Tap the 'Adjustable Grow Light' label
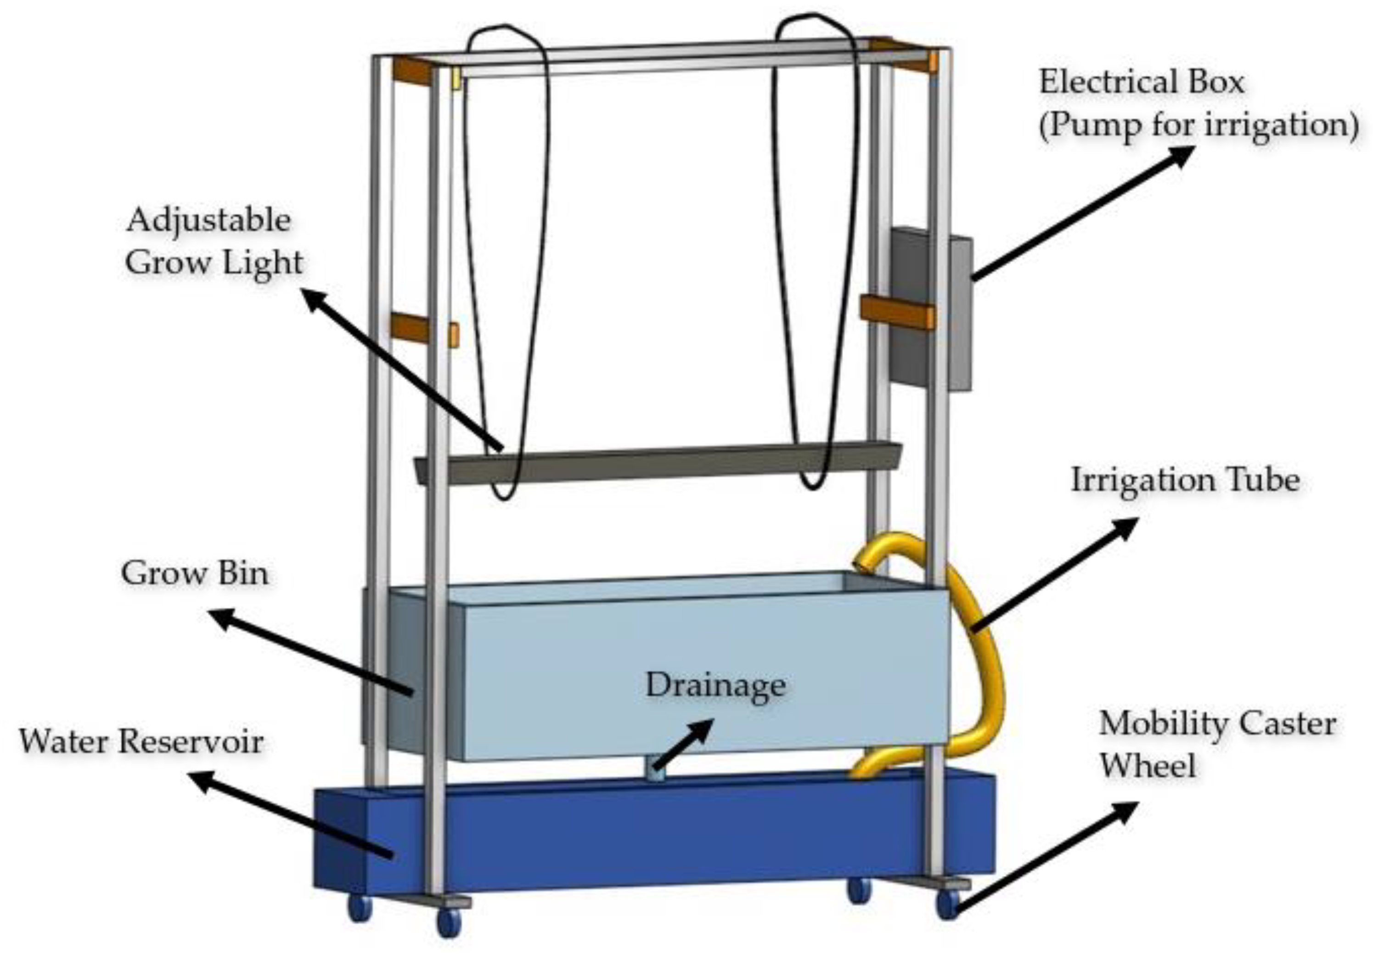pos(214,242)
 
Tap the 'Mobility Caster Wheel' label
pos(1217,745)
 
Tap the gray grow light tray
pos(658,463)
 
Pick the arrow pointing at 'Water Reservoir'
pos(293,816)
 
